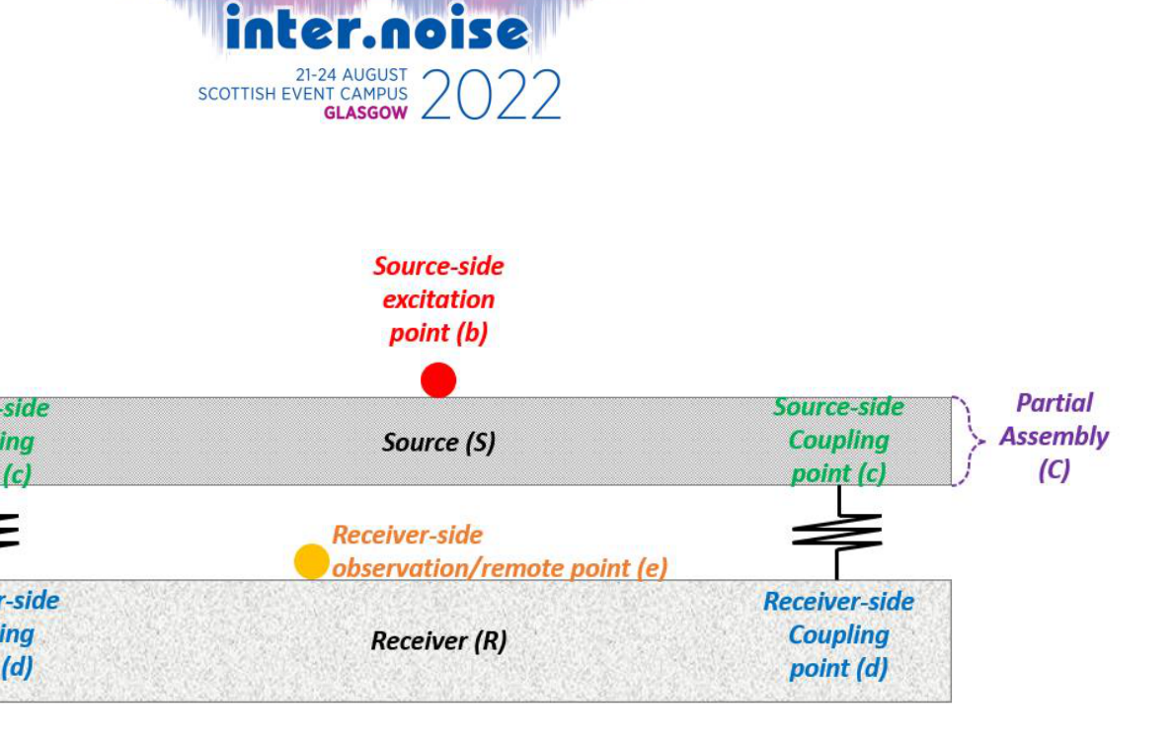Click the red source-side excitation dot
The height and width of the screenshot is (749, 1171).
click(x=438, y=380)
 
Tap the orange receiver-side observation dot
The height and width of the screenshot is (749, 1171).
click(x=312, y=561)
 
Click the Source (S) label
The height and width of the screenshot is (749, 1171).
click(x=438, y=443)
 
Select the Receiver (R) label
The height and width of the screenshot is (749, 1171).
click(x=438, y=641)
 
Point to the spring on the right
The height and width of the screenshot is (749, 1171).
click(x=837, y=533)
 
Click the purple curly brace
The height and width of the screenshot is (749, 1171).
click(x=969, y=442)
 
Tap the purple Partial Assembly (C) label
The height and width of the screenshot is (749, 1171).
click(x=1054, y=436)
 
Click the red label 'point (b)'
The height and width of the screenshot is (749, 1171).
click(x=438, y=333)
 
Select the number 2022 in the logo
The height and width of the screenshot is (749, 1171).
click(x=491, y=97)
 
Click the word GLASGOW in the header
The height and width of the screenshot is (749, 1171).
click(x=365, y=113)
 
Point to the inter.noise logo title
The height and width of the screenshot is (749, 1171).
click(x=376, y=30)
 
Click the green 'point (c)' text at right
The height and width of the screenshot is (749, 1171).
click(x=838, y=473)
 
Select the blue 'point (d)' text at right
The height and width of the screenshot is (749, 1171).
click(x=838, y=668)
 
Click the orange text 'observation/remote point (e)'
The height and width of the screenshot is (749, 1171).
click(x=500, y=568)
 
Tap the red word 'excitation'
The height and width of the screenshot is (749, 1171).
click(x=438, y=299)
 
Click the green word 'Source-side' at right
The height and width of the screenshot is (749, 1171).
click(x=838, y=407)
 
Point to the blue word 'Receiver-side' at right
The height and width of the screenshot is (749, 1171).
click(x=838, y=601)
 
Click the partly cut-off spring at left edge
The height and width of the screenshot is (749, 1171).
click(x=8, y=532)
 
